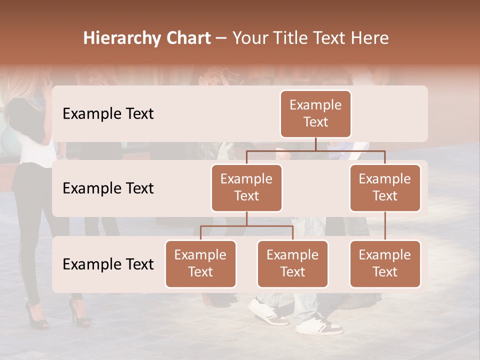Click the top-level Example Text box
tap(315, 114)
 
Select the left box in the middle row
tap(246, 187)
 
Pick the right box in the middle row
tap(385, 187)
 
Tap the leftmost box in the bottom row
tap(200, 263)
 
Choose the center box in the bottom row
tap(292, 263)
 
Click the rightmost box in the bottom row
tap(385, 263)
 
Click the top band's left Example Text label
tap(108, 114)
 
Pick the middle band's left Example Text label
tap(108, 188)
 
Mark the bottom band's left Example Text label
tap(108, 264)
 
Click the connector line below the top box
tap(315, 144)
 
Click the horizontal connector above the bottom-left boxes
tap(246, 226)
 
